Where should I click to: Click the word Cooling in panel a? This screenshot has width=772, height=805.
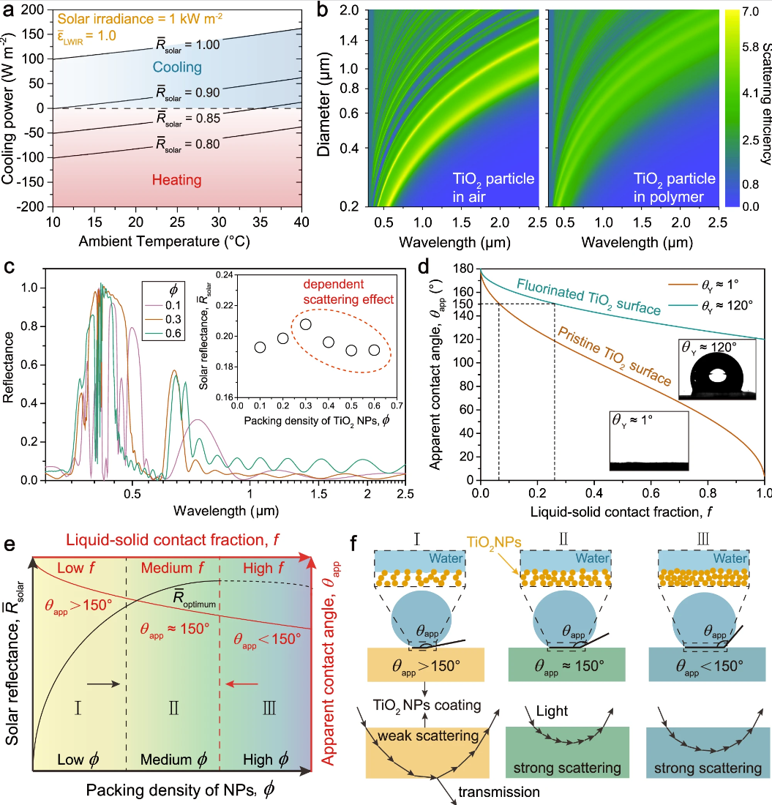point(177,68)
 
